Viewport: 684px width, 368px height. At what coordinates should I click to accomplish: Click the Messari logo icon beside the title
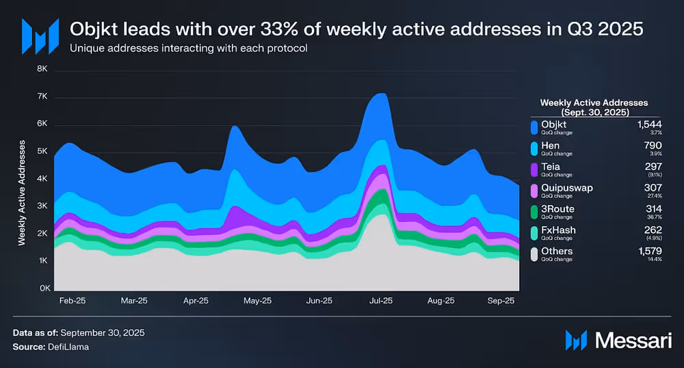coord(36,36)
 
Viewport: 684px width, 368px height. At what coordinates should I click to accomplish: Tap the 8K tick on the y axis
coord(42,69)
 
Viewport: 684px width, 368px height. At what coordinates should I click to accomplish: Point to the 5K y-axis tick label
coord(42,151)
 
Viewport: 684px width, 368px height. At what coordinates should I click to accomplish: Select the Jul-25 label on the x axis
coord(381,300)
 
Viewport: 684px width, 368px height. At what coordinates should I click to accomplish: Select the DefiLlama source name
coord(68,347)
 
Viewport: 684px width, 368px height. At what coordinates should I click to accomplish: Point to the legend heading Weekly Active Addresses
coord(594,102)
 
